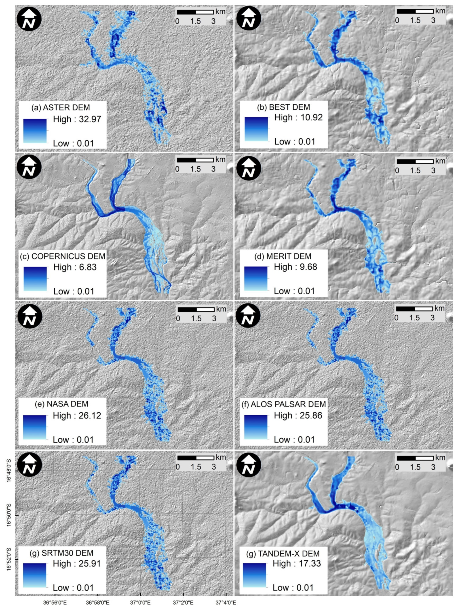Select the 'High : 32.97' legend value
point(77,119)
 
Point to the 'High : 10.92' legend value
point(298,117)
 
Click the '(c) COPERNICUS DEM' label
point(63,256)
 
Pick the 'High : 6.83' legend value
point(75,267)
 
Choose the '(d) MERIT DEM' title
point(283,256)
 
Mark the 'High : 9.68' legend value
point(295,267)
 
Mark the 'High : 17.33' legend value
point(297,564)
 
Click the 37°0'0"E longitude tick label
point(141,603)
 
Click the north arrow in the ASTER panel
point(29,19)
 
